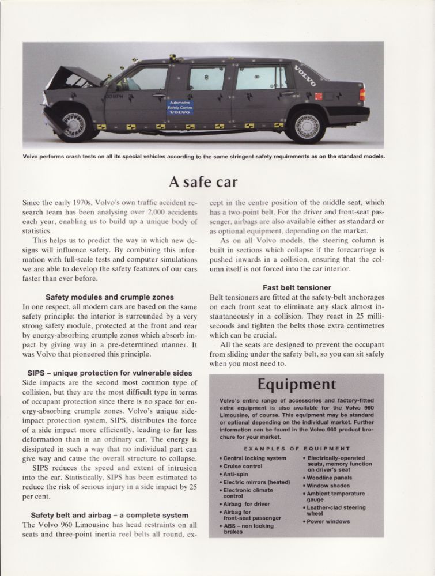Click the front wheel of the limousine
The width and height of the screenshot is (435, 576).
tap(74, 123)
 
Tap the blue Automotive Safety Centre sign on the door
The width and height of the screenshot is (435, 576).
tap(180, 108)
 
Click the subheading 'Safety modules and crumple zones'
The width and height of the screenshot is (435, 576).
tap(109, 297)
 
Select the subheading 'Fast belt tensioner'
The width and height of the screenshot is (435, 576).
tap(297, 287)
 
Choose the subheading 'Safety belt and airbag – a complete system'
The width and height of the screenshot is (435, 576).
tap(109, 515)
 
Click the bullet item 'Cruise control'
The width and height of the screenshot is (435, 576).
tap(243, 466)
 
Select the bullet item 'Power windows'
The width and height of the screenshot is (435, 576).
tap(329, 521)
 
